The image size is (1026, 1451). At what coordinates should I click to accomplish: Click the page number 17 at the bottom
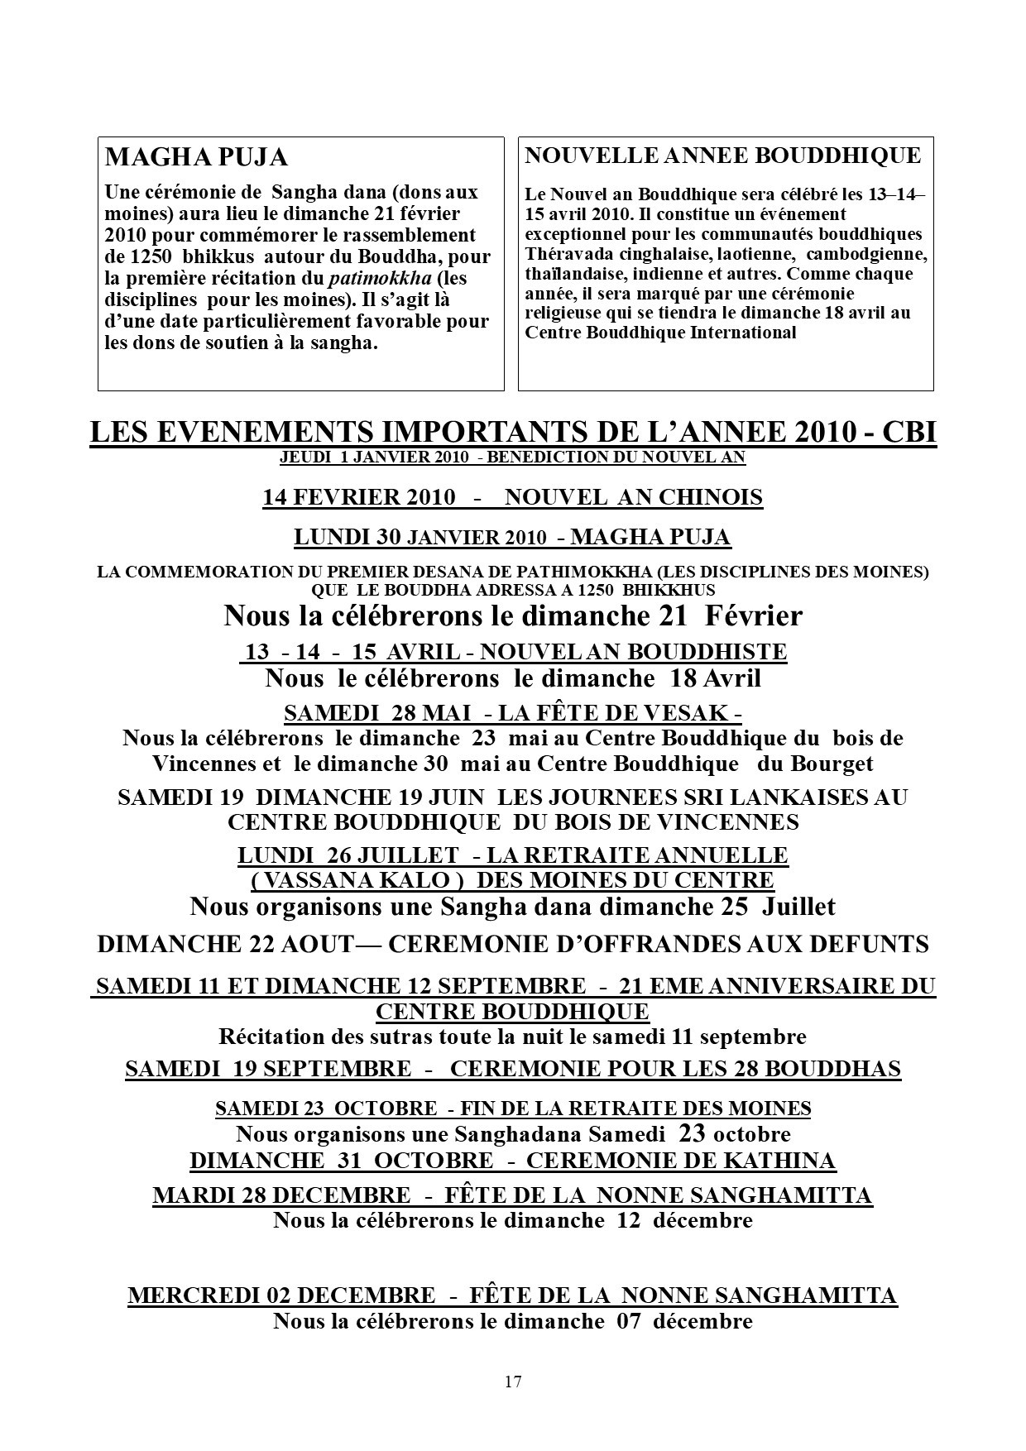512,1381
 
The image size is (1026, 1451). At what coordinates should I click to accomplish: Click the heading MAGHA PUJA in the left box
196,157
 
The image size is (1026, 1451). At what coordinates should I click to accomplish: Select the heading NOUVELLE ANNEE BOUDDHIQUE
723,156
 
